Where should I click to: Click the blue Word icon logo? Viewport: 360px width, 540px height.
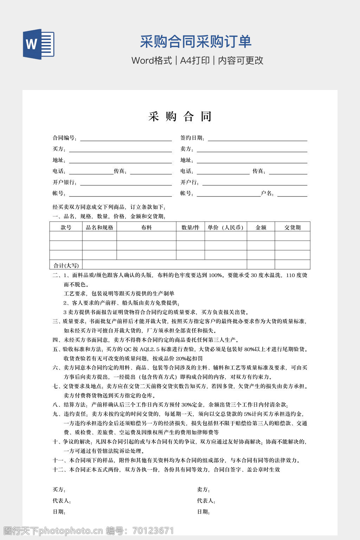coord(39,44)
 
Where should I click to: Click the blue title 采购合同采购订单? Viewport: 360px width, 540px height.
coord(195,41)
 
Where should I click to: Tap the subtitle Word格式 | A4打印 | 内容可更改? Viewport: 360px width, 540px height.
coord(197,60)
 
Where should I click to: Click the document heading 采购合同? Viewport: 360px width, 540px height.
coord(180,116)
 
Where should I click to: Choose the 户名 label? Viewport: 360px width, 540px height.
coord(268,193)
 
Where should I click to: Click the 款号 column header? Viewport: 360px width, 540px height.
coord(66,227)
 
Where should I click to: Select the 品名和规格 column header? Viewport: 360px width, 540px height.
coord(99,227)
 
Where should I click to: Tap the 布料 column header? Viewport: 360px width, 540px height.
coord(146,227)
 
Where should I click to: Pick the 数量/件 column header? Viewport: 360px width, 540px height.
coord(190,227)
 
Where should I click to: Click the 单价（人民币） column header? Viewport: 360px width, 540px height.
coord(226,227)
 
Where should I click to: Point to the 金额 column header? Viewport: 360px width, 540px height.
coord(261,227)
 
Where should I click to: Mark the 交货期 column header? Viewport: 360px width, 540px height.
coord(292,227)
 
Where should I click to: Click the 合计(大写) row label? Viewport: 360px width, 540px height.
coord(66,265)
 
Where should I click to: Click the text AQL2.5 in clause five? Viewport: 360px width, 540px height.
coord(150,349)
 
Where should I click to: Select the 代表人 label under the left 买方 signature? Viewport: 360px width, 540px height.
coord(62,501)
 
